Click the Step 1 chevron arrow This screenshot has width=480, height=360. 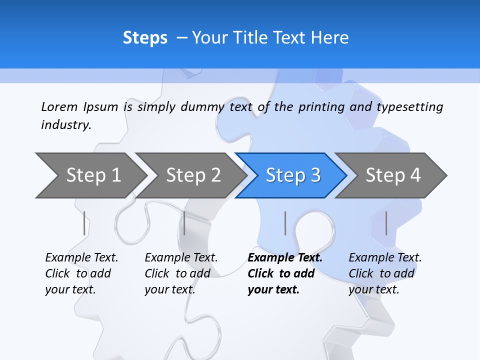tap(93, 175)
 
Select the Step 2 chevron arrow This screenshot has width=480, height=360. tap(193, 175)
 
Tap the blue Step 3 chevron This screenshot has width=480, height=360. tap(293, 175)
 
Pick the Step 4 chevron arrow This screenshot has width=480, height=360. tap(393, 175)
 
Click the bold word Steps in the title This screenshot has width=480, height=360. tap(145, 38)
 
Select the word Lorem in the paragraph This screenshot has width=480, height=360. tap(59, 106)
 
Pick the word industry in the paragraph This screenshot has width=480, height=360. tap(66, 125)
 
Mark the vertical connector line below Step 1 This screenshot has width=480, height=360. tap(84, 223)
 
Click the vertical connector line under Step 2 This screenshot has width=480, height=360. tap(184, 223)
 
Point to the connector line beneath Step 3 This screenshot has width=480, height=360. tap(285, 223)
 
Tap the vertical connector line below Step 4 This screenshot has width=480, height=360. tap(386, 223)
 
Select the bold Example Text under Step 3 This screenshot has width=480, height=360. tap(285, 273)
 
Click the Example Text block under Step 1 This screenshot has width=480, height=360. tap(81, 273)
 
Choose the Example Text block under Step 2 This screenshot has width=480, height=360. tap(181, 273)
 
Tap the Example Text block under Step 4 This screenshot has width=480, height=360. tap(385, 273)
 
